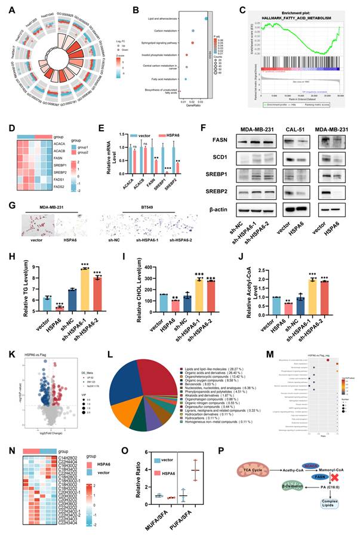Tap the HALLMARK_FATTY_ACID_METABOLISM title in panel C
coord(289,16)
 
